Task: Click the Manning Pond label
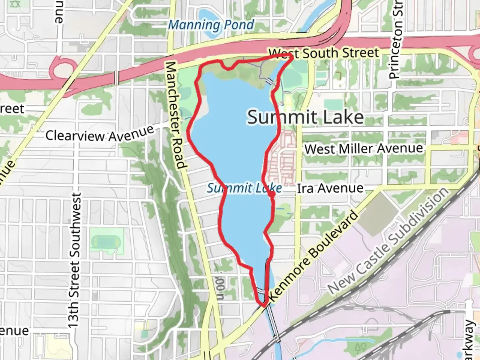point(211,25)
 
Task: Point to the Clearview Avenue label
point(100,133)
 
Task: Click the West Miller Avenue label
point(364,149)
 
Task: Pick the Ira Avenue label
point(330,188)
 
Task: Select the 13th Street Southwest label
point(74,260)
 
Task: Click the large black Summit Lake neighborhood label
point(305,117)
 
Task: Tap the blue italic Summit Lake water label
point(244,188)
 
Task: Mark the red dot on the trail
point(272,194)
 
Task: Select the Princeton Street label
point(396,40)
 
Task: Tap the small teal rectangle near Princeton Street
point(333,104)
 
